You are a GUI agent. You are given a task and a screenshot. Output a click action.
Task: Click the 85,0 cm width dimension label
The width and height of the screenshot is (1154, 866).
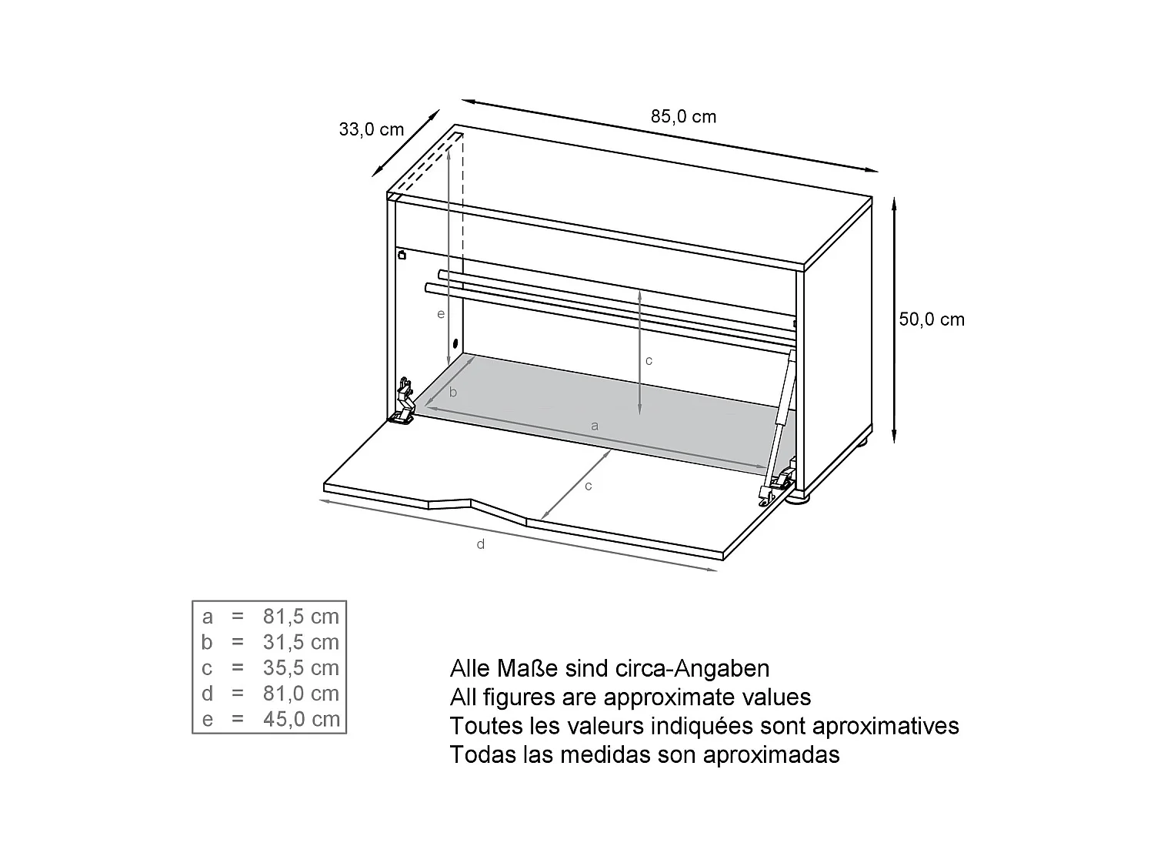click(683, 117)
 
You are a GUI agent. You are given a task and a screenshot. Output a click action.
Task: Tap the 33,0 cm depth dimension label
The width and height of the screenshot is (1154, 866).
click(371, 129)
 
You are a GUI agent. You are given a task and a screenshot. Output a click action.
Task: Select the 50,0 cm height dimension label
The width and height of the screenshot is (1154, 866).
click(931, 319)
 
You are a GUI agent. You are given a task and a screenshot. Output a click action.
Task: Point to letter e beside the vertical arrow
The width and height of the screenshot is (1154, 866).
click(440, 314)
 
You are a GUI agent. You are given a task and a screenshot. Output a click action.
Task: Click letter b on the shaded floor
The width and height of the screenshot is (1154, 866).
click(453, 393)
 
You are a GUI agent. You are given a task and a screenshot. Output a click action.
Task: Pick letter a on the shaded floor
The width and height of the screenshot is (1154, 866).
click(594, 426)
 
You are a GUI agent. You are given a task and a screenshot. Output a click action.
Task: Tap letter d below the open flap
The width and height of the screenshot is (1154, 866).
click(481, 545)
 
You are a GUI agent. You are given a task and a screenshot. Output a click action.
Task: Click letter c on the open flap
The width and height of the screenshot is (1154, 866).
click(589, 486)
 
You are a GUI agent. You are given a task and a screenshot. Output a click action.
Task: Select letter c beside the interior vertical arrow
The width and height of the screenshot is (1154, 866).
click(649, 360)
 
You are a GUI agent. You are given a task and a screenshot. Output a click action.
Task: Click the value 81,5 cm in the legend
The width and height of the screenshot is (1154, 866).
click(301, 617)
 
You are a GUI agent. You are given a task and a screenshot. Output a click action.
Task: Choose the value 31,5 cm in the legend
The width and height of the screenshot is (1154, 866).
click(301, 642)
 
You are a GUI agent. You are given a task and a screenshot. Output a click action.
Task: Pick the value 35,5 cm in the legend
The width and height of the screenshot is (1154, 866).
click(301, 668)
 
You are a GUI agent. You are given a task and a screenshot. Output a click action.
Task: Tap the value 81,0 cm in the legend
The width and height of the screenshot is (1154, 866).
click(301, 694)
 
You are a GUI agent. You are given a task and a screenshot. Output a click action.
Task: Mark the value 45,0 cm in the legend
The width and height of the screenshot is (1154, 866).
click(301, 720)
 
